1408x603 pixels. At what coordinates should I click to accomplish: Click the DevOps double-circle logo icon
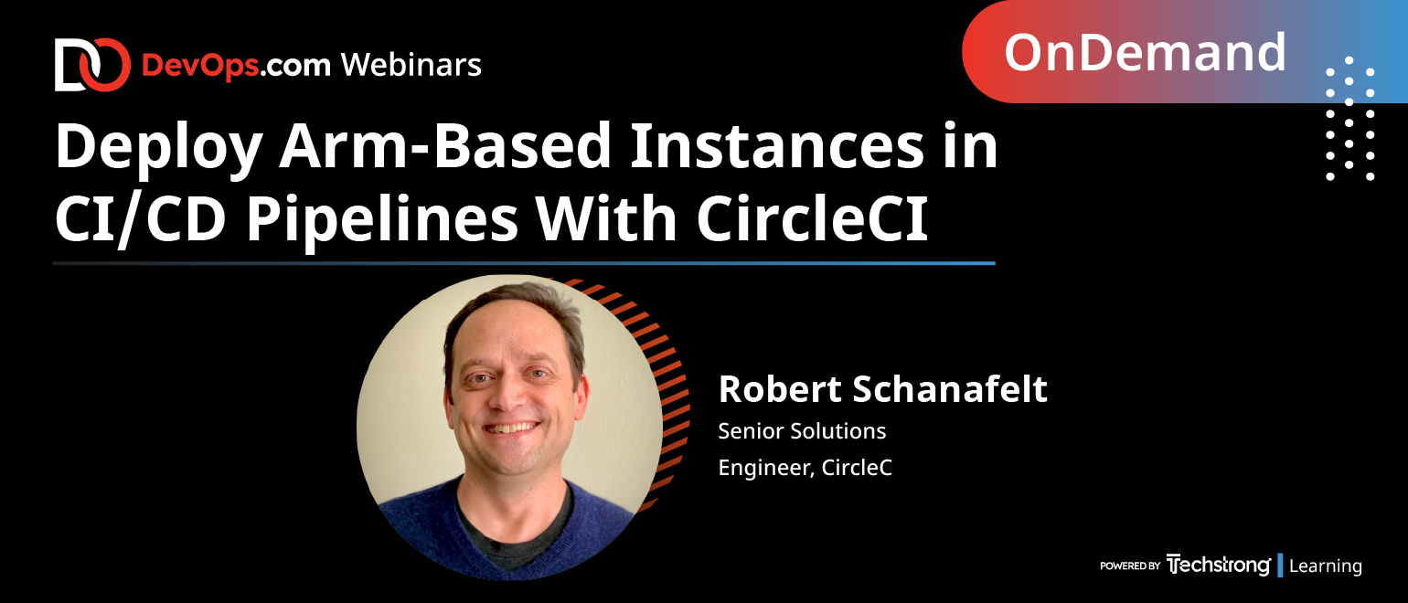click(92, 65)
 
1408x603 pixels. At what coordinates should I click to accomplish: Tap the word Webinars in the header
click(411, 66)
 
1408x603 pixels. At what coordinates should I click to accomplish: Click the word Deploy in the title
click(158, 148)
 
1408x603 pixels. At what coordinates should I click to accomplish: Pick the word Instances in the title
click(777, 146)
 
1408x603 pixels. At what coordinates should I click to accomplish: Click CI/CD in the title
click(141, 219)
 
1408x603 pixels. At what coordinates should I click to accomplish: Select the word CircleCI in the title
click(812, 218)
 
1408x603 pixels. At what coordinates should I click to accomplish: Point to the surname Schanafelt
click(950, 389)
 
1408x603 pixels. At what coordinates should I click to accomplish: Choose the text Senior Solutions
click(802, 431)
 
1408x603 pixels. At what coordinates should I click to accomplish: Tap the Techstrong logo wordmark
click(1218, 565)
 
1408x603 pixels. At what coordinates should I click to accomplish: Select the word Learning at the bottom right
click(1326, 566)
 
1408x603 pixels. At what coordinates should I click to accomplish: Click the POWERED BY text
click(1130, 566)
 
